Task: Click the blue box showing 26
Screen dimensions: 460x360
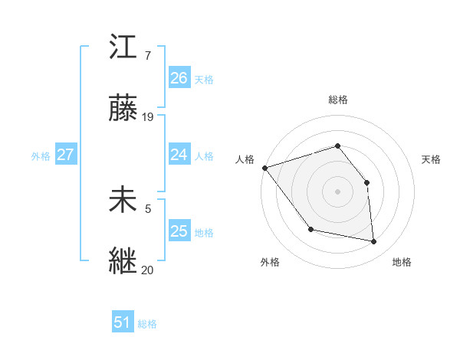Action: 179,77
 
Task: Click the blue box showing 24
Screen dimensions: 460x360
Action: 179,155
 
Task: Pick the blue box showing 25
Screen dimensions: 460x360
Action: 179,231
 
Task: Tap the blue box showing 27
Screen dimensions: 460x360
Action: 65,155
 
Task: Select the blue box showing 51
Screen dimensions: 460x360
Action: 123,322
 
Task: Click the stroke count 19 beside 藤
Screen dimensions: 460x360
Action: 148,117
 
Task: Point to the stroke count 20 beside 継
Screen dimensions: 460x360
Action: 148,270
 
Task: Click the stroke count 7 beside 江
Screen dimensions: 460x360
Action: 148,56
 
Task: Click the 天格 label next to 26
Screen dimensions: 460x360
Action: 204,79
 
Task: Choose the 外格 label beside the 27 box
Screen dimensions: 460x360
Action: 41,156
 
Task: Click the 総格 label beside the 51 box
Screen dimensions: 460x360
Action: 147,324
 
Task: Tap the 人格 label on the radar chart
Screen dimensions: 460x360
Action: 245,159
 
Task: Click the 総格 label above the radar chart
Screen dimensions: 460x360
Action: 337,100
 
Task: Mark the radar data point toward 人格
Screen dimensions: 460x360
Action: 264,168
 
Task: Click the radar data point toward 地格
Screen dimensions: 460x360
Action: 373,241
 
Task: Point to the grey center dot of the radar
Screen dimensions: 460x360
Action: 337,191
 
